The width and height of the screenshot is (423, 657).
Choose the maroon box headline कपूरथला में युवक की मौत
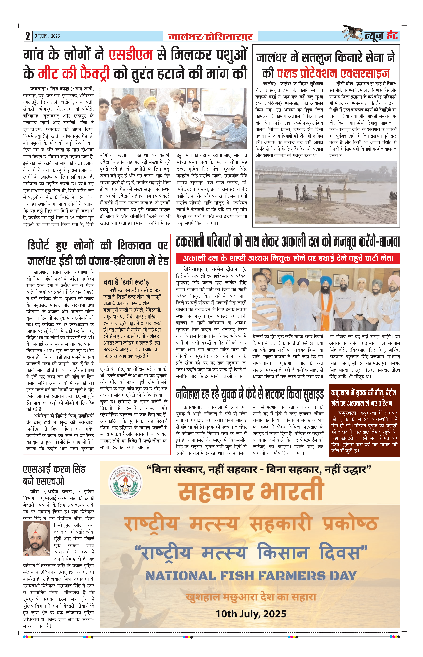[x=364, y=398]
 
